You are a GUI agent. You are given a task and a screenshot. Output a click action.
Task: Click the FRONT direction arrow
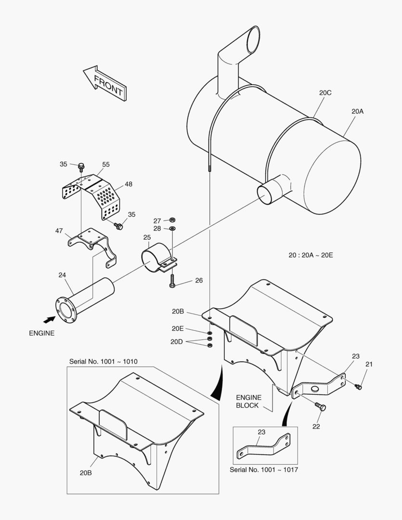(104, 83)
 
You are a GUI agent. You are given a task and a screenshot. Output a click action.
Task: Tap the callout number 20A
(357, 111)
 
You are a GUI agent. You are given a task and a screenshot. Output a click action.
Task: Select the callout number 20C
(325, 93)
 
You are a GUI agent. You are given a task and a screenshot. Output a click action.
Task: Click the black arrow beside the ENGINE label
(49, 319)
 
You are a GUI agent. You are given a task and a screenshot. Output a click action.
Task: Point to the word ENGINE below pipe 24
(42, 333)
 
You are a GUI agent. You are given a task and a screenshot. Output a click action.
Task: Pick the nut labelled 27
(173, 221)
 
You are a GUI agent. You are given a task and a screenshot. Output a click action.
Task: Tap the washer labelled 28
(173, 228)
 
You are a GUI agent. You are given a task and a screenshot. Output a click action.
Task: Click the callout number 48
(128, 184)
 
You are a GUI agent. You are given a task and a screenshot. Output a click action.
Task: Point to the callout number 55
(106, 164)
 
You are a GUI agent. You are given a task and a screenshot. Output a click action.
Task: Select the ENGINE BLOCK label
(248, 401)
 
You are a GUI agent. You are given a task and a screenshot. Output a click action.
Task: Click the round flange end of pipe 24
(65, 310)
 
